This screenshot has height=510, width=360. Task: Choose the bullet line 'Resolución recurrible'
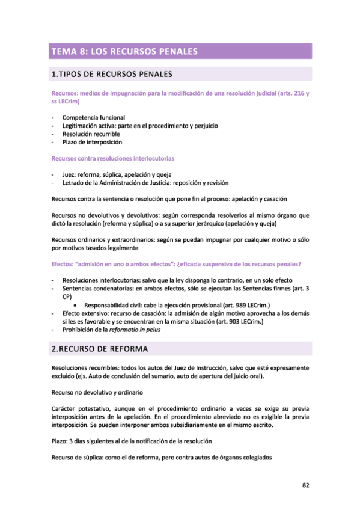click(x=95, y=134)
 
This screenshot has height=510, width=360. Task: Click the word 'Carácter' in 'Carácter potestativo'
click(x=64, y=408)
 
